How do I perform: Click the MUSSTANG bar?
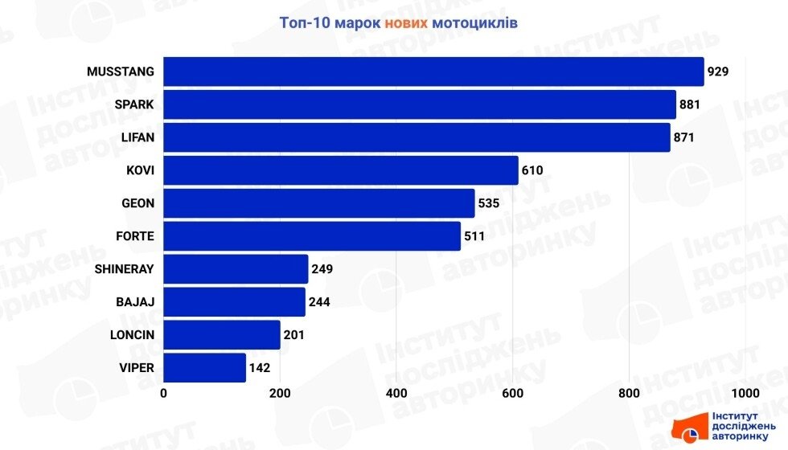(x=433, y=72)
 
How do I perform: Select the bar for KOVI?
(x=341, y=170)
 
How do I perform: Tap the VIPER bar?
(x=205, y=368)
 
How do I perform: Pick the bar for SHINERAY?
(x=236, y=269)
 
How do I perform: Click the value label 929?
(x=718, y=72)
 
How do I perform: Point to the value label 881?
(x=690, y=104)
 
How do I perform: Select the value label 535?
(x=489, y=203)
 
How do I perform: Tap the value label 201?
(x=294, y=335)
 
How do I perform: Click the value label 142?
(x=260, y=368)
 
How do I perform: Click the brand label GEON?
(x=137, y=203)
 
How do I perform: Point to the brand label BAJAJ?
(x=135, y=302)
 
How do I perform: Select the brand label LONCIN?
(x=131, y=335)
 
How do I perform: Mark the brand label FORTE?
(x=135, y=236)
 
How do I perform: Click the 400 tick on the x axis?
(x=396, y=393)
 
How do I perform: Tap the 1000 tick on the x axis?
(x=745, y=393)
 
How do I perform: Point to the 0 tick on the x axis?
(x=164, y=393)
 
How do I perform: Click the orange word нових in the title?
(x=406, y=22)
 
